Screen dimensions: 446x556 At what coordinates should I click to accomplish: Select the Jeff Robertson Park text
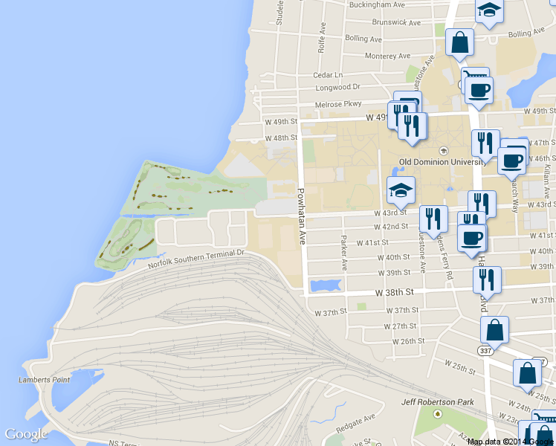pos(437,402)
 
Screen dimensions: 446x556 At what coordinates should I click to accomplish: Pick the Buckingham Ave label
pos(379,4)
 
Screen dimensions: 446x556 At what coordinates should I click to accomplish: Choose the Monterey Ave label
pos(387,56)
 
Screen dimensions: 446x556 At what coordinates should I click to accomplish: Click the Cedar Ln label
pos(328,75)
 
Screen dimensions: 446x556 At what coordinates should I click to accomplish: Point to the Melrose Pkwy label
pos(337,104)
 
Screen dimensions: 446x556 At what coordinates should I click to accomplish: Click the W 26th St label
pos(408,341)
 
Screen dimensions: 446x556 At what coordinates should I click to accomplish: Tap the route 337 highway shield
pos(485,349)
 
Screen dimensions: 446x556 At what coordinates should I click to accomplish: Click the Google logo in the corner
pos(25,434)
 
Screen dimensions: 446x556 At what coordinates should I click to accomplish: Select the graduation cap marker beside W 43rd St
pos(401,190)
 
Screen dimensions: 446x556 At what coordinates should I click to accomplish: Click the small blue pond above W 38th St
pos(326,285)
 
